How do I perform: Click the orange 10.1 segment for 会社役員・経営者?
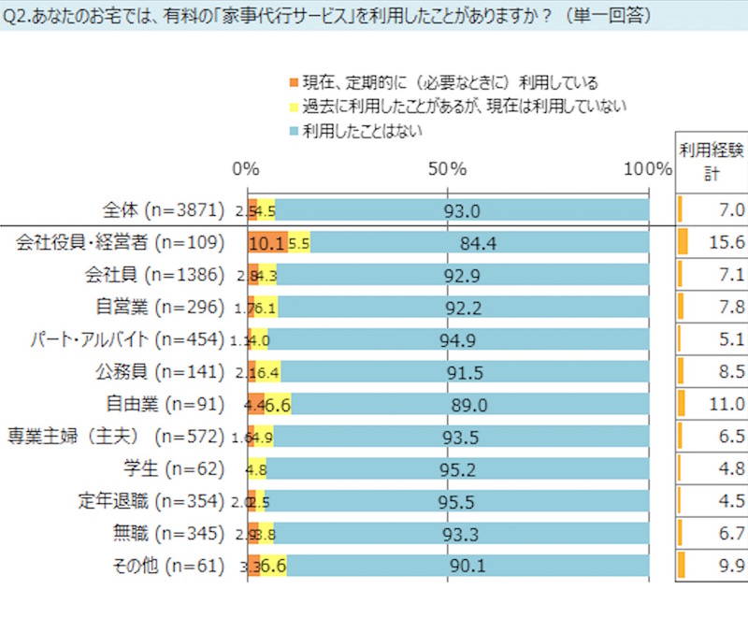click(268, 243)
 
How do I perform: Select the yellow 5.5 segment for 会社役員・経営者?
click(299, 243)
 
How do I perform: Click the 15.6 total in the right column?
click(726, 243)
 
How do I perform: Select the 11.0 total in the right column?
click(726, 404)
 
